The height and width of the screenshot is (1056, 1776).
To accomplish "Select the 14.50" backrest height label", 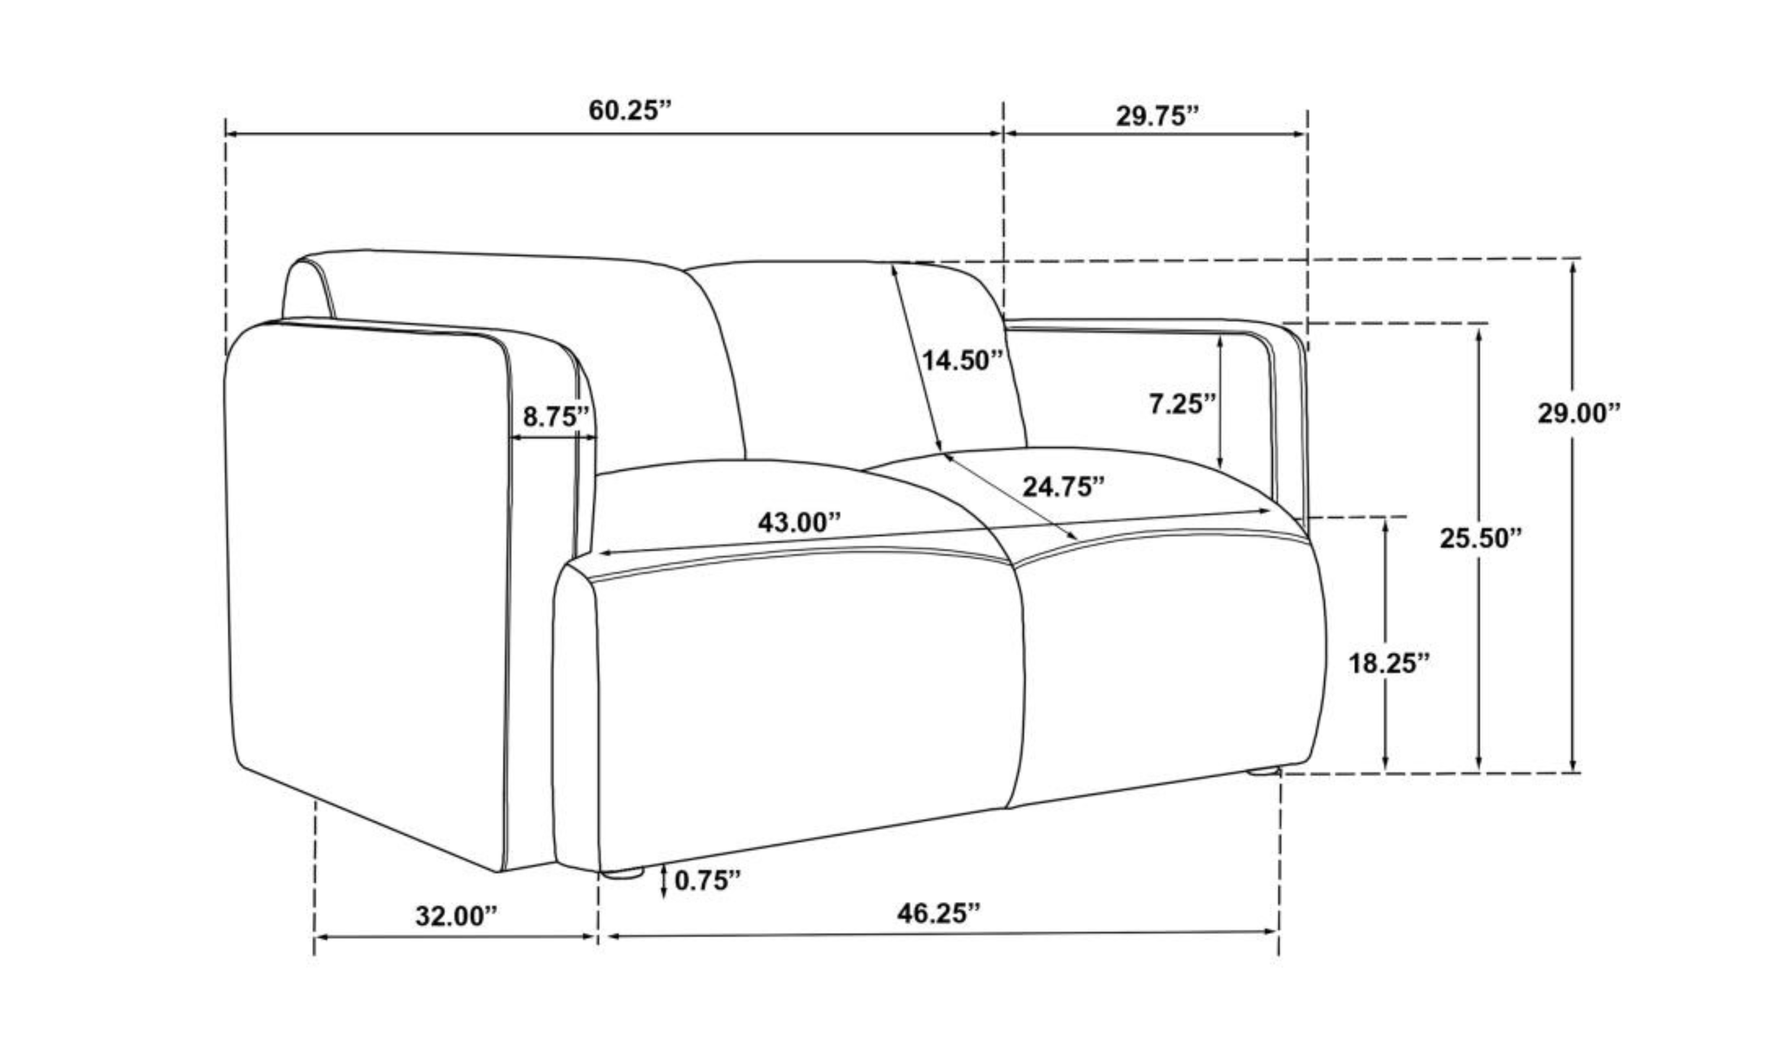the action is click(963, 360).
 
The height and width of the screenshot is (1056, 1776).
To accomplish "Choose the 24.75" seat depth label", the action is click(1064, 487).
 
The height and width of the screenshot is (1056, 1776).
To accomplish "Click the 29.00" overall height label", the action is click(1579, 413).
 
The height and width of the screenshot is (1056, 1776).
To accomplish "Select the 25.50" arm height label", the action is click(1481, 538).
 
